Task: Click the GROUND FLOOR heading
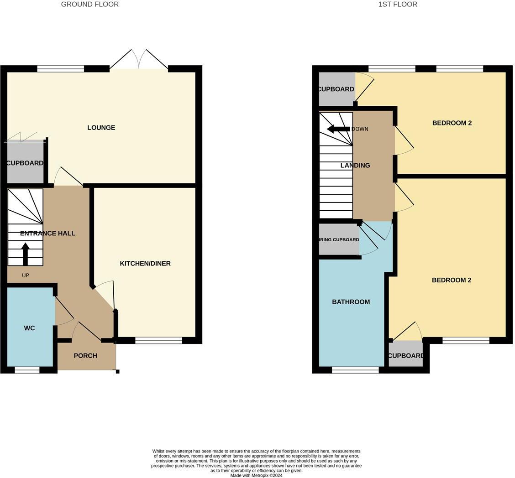(89, 5)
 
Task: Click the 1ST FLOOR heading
(397, 5)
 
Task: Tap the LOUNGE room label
(101, 128)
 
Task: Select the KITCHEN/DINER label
(145, 264)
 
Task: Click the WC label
(29, 328)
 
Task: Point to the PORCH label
(85, 356)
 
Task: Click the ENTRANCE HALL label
(47, 234)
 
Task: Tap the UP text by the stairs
(26, 275)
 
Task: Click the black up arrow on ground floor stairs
(26, 254)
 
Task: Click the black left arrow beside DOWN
(338, 129)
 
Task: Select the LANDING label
(355, 166)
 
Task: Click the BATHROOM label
(351, 302)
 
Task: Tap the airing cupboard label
(339, 240)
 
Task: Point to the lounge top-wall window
(61, 69)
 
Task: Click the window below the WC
(27, 370)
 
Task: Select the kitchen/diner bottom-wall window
(158, 340)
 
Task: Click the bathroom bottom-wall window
(355, 370)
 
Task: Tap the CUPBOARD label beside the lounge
(25, 163)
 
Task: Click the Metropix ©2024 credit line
(256, 475)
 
